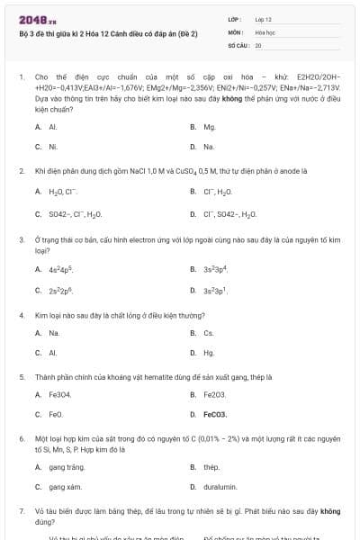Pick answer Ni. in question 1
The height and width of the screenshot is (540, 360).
[x=53, y=146]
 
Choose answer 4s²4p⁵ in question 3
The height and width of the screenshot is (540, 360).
[x=60, y=268]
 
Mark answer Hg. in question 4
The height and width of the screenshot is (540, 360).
[x=209, y=353]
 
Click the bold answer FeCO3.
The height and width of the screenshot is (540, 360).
[x=216, y=414]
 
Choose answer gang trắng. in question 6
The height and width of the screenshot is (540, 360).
[x=67, y=467]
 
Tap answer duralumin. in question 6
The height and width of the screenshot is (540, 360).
[x=220, y=487]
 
